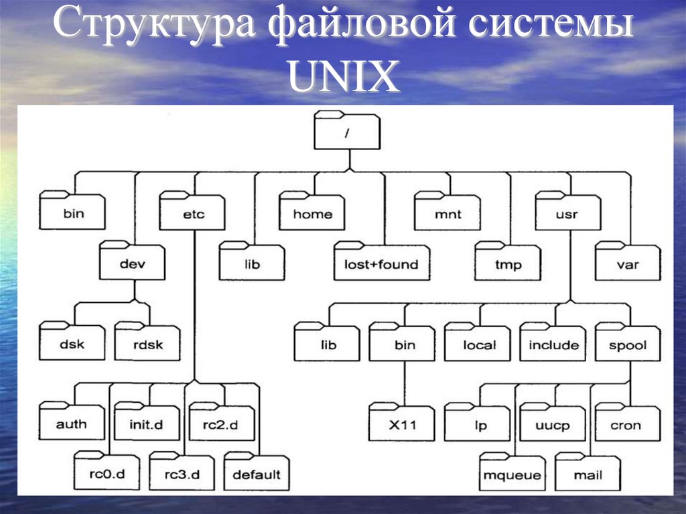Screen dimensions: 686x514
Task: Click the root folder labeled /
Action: (x=346, y=133)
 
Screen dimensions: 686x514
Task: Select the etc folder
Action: (x=192, y=214)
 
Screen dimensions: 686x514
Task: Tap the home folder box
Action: (x=312, y=214)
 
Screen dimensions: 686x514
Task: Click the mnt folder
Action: (x=448, y=214)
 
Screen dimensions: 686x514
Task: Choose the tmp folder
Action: (x=507, y=264)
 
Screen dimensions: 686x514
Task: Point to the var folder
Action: (x=628, y=264)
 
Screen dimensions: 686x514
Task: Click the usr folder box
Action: (x=567, y=214)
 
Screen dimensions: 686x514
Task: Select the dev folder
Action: (x=133, y=264)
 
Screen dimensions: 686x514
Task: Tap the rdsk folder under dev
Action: (x=147, y=345)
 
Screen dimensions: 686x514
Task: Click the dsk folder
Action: (x=72, y=345)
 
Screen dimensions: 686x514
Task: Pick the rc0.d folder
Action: (x=107, y=475)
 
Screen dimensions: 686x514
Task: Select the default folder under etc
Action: (x=257, y=475)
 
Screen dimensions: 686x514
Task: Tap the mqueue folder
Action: (x=513, y=475)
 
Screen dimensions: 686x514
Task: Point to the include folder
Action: (x=553, y=345)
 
